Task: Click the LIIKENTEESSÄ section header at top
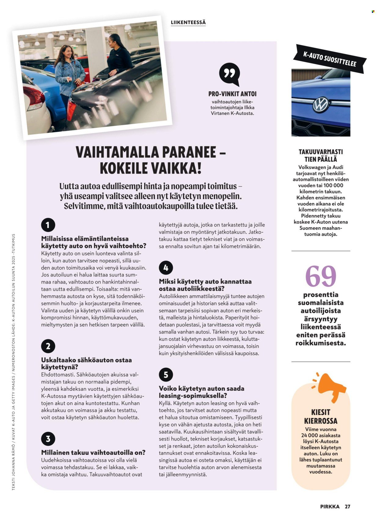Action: [x=188, y=22]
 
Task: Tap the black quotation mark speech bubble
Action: [x=229, y=74]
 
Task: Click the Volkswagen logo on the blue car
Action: [x=321, y=105]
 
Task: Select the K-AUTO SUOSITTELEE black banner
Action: [x=329, y=59]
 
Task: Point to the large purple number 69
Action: [x=321, y=276]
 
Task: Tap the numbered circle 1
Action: [x=48, y=225]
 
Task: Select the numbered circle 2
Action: [x=48, y=346]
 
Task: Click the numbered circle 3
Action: [x=48, y=439]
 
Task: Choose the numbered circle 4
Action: [x=166, y=268]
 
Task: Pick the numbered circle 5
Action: [x=166, y=375]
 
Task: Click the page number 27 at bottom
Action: [x=347, y=506]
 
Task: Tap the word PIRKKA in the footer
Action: [x=330, y=506]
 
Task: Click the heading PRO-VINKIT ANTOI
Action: [x=232, y=94]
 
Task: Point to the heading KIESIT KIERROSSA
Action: [x=321, y=417]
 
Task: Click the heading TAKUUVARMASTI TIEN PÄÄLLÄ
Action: [x=321, y=155]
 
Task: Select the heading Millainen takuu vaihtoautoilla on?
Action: [x=93, y=452]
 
